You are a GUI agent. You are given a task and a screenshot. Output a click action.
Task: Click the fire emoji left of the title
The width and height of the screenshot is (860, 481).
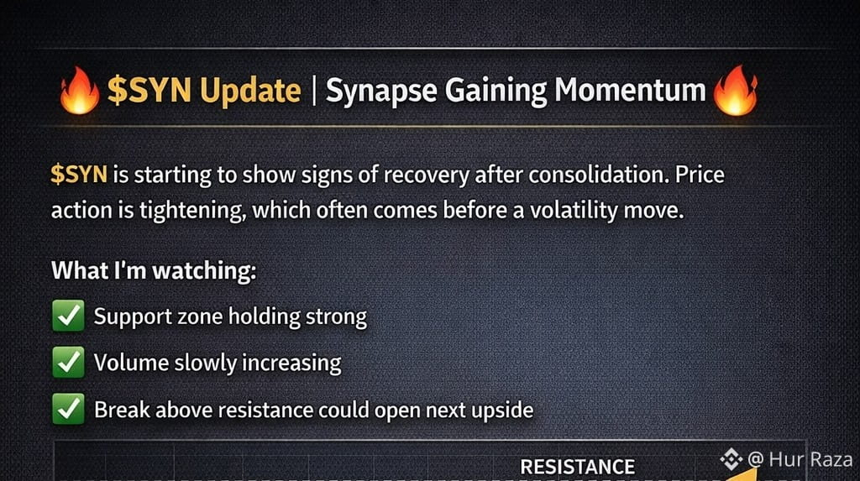coord(80,91)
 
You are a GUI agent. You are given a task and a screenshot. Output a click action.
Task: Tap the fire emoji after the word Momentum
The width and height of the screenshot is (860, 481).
coord(736,91)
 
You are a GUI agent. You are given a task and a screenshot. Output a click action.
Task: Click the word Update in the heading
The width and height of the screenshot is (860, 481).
coord(250,91)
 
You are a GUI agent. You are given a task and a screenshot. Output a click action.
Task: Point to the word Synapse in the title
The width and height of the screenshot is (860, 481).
coord(381,91)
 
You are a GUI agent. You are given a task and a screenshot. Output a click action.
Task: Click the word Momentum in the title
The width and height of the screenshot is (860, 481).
coord(630,90)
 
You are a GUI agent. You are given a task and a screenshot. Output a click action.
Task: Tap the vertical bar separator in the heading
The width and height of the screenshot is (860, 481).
coord(314,91)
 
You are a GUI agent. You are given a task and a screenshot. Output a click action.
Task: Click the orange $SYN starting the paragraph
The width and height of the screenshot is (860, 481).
coord(79,175)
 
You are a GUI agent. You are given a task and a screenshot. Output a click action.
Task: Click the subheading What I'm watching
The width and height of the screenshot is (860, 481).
coord(154,270)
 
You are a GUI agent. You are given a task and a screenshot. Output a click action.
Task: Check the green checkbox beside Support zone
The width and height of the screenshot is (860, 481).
coord(68,316)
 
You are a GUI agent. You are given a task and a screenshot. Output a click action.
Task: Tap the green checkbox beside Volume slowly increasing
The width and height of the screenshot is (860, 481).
coord(68,363)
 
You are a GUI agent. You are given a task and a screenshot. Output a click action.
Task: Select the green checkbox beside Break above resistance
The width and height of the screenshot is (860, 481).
coord(68,409)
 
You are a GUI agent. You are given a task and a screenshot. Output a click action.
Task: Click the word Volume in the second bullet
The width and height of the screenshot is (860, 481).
coord(131,363)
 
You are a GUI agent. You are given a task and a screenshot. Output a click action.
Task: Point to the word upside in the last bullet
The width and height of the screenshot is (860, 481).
coord(502,410)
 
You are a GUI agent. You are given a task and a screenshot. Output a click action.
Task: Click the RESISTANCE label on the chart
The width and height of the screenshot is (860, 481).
coord(578,467)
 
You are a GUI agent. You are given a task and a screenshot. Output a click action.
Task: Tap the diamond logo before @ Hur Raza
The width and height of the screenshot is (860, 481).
coord(732,459)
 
